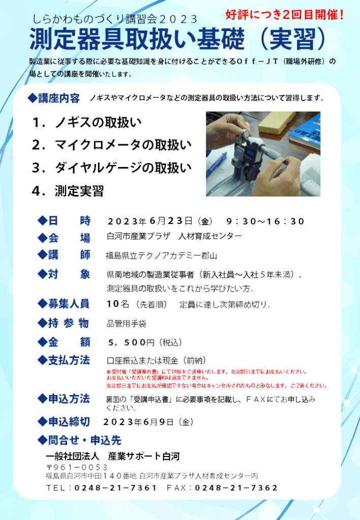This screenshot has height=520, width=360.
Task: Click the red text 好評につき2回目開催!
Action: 284,15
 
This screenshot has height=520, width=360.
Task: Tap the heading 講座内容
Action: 59,99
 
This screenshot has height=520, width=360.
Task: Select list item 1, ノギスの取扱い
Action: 87,122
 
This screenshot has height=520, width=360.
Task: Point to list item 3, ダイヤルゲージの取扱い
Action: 112,168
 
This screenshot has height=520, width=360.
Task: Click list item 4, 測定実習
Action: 68,191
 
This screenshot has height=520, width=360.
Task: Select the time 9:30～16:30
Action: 265,221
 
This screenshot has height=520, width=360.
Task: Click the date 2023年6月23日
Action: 150,221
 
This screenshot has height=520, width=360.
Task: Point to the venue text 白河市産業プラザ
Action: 139,237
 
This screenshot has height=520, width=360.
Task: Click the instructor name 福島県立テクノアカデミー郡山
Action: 161,256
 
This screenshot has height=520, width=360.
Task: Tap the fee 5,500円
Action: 132,342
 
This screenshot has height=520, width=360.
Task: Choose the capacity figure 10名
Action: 118,304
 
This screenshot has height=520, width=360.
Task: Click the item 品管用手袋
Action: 126,323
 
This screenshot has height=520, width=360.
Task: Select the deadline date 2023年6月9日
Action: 138,422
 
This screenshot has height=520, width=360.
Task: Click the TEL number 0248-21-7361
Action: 115,488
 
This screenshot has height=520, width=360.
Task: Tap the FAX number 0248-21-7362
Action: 236,488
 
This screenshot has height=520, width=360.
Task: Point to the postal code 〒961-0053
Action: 77,467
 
